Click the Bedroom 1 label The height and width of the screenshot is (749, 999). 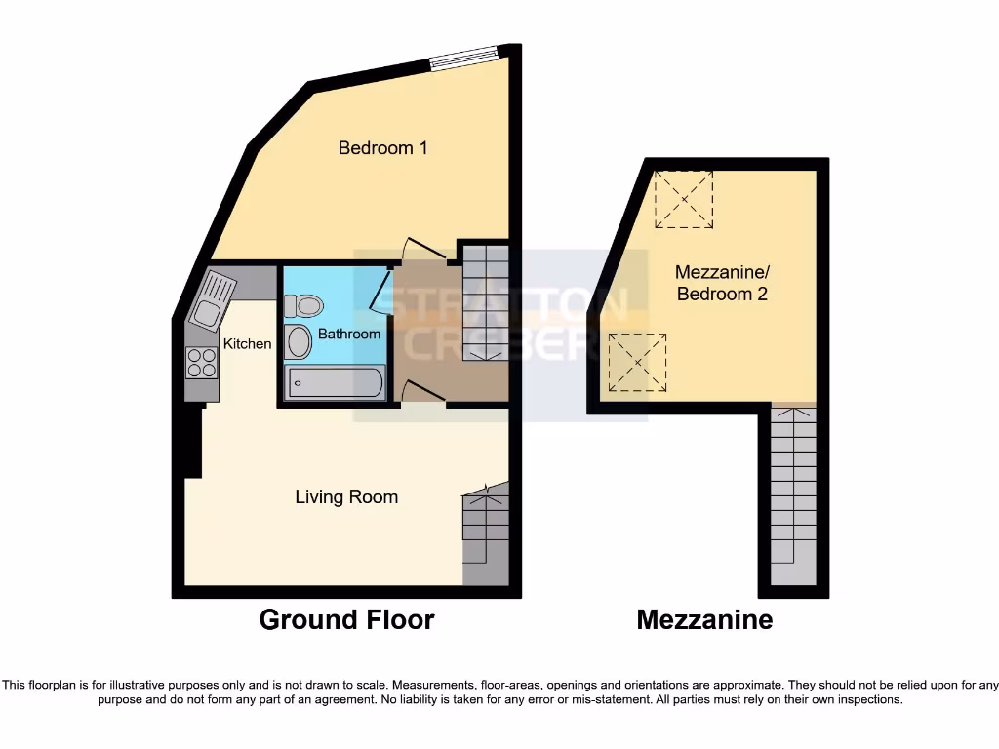point(382,148)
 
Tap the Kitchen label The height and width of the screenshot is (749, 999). point(247,343)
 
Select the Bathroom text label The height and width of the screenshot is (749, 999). point(348,334)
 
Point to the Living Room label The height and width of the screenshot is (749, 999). point(346,497)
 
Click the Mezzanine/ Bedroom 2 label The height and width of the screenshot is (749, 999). point(721,284)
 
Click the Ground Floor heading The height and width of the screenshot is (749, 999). point(346,619)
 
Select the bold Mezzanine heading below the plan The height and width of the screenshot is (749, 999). point(704,619)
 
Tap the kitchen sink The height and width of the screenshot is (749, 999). point(211,303)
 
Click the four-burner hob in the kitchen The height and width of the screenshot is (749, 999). point(202,363)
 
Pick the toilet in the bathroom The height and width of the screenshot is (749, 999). point(304,306)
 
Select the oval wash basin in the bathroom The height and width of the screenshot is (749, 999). point(298,343)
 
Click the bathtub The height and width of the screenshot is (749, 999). point(335,382)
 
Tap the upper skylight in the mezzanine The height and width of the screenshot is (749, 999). point(684,199)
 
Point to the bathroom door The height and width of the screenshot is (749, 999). point(379,291)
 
